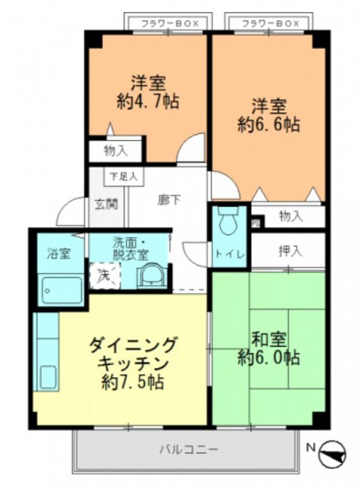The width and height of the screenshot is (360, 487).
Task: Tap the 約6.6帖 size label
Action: point(270,124)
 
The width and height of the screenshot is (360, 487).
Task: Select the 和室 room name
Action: point(270,338)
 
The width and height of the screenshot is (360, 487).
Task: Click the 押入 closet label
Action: point(290,251)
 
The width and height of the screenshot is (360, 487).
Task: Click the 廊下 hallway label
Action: point(169,199)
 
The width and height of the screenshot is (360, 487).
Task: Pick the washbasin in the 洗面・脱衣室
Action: point(149,277)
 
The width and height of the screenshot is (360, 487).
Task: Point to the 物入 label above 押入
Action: point(290,216)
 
